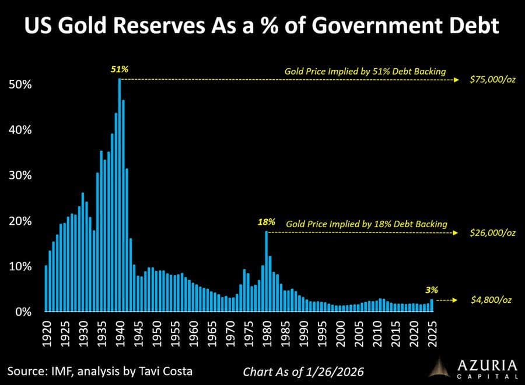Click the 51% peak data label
[x=120, y=69]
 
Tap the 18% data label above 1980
[x=266, y=222]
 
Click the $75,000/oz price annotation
[x=492, y=79]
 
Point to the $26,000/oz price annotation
[x=492, y=232]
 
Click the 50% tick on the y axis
[x=20, y=84]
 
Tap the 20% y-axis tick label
[x=20, y=221]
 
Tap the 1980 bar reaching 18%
[x=267, y=271]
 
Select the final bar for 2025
[x=432, y=305]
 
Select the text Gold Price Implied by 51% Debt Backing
[x=365, y=72]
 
